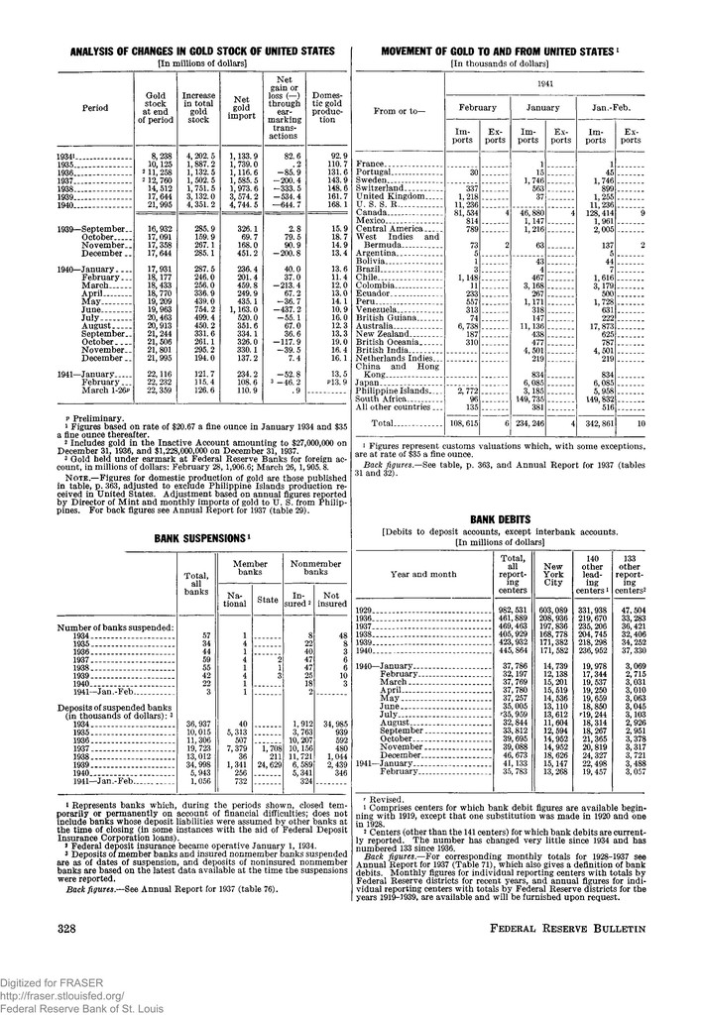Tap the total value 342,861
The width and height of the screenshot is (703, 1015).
tap(601, 422)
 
